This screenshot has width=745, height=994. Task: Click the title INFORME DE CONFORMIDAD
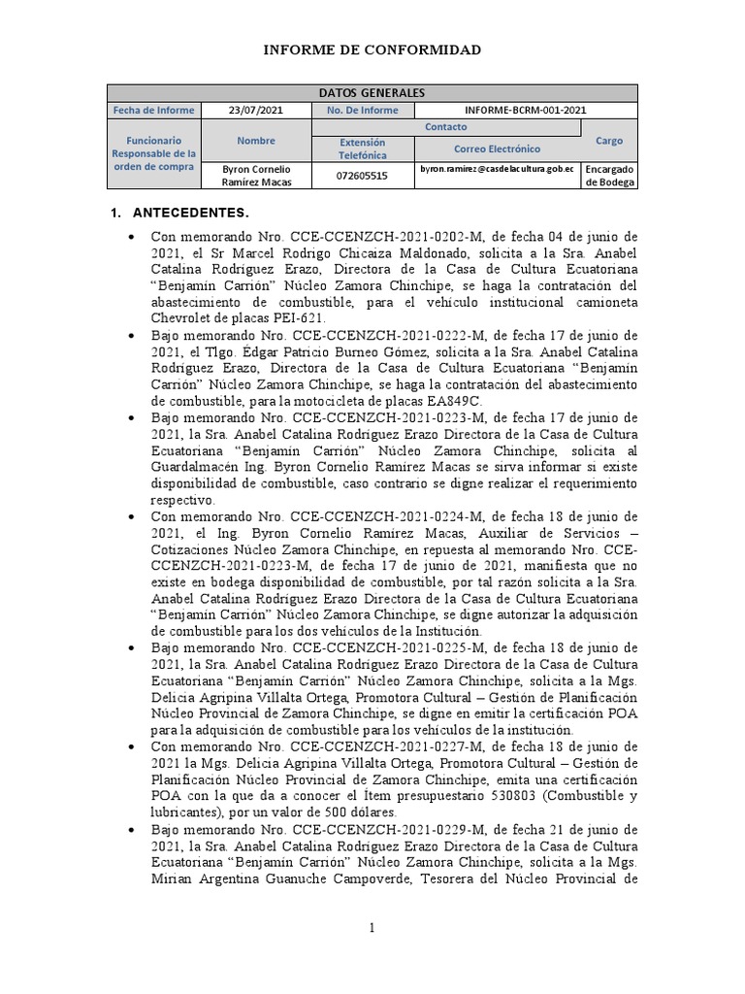372,50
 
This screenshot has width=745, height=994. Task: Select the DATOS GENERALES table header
372,93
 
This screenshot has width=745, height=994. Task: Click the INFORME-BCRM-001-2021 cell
525,111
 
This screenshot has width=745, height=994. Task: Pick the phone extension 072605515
362,176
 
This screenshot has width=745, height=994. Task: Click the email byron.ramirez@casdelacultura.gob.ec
498,169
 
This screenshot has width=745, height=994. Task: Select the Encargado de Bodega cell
609,176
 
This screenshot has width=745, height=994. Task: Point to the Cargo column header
609,141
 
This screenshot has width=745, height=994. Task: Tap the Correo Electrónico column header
498,149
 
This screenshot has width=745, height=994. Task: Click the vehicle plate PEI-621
298,317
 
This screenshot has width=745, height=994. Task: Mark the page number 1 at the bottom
372,929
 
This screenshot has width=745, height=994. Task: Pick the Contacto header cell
445,127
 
